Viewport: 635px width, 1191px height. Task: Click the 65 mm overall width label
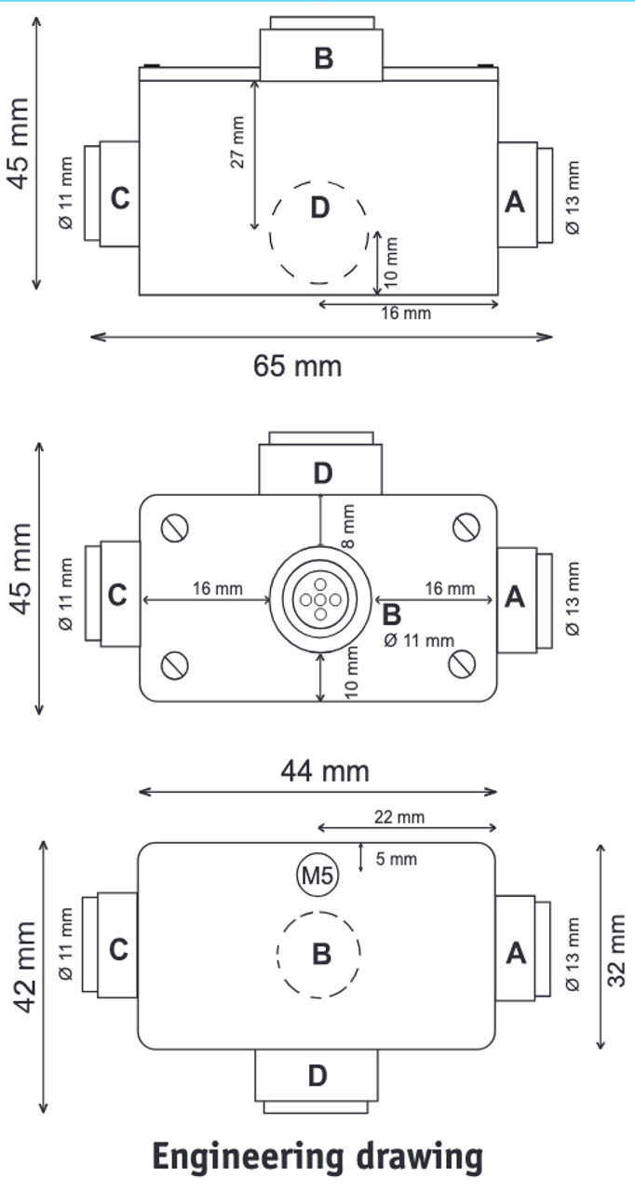(298, 366)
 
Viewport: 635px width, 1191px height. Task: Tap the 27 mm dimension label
(238, 142)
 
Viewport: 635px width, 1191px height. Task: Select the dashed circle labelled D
(318, 231)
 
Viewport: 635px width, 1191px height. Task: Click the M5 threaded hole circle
(317, 875)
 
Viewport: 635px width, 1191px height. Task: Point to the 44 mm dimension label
(325, 770)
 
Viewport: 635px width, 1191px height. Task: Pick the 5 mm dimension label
(397, 859)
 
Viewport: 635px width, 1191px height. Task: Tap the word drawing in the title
(421, 1158)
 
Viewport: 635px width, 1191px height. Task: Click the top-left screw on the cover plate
(175, 528)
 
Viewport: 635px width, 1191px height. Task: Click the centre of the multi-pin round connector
(320, 597)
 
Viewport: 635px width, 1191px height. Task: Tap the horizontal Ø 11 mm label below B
(419, 639)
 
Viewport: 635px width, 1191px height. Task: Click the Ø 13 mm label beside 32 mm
(574, 954)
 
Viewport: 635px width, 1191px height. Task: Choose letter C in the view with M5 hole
(117, 950)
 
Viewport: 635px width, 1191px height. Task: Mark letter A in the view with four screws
(515, 596)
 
